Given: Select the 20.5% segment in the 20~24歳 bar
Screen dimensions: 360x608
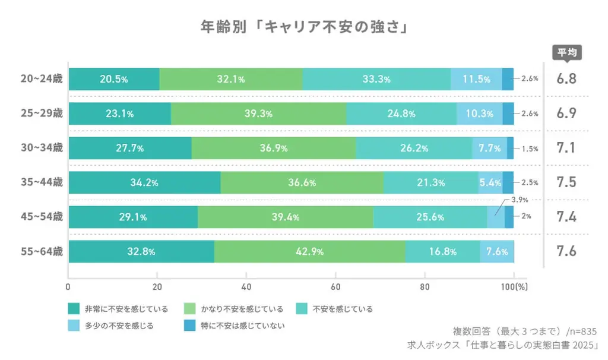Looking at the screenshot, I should (114, 80).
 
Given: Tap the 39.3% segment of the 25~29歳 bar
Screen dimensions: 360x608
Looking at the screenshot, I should (258, 114).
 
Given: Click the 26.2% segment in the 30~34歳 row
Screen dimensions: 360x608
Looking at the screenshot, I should (414, 148).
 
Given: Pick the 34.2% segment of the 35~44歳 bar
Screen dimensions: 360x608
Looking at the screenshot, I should (144, 183).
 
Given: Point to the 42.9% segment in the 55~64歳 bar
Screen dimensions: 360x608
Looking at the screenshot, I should (309, 252).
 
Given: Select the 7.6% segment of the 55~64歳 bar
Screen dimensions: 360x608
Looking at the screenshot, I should (496, 252).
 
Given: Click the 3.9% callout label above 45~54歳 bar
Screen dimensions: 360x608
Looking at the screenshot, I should (520, 200).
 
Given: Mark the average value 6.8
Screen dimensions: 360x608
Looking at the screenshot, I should (566, 79).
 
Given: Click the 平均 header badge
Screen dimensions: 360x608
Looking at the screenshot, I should (567, 52).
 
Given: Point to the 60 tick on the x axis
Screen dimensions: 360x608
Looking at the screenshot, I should (335, 286).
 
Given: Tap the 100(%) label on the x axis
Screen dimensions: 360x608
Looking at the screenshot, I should (514, 286).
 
